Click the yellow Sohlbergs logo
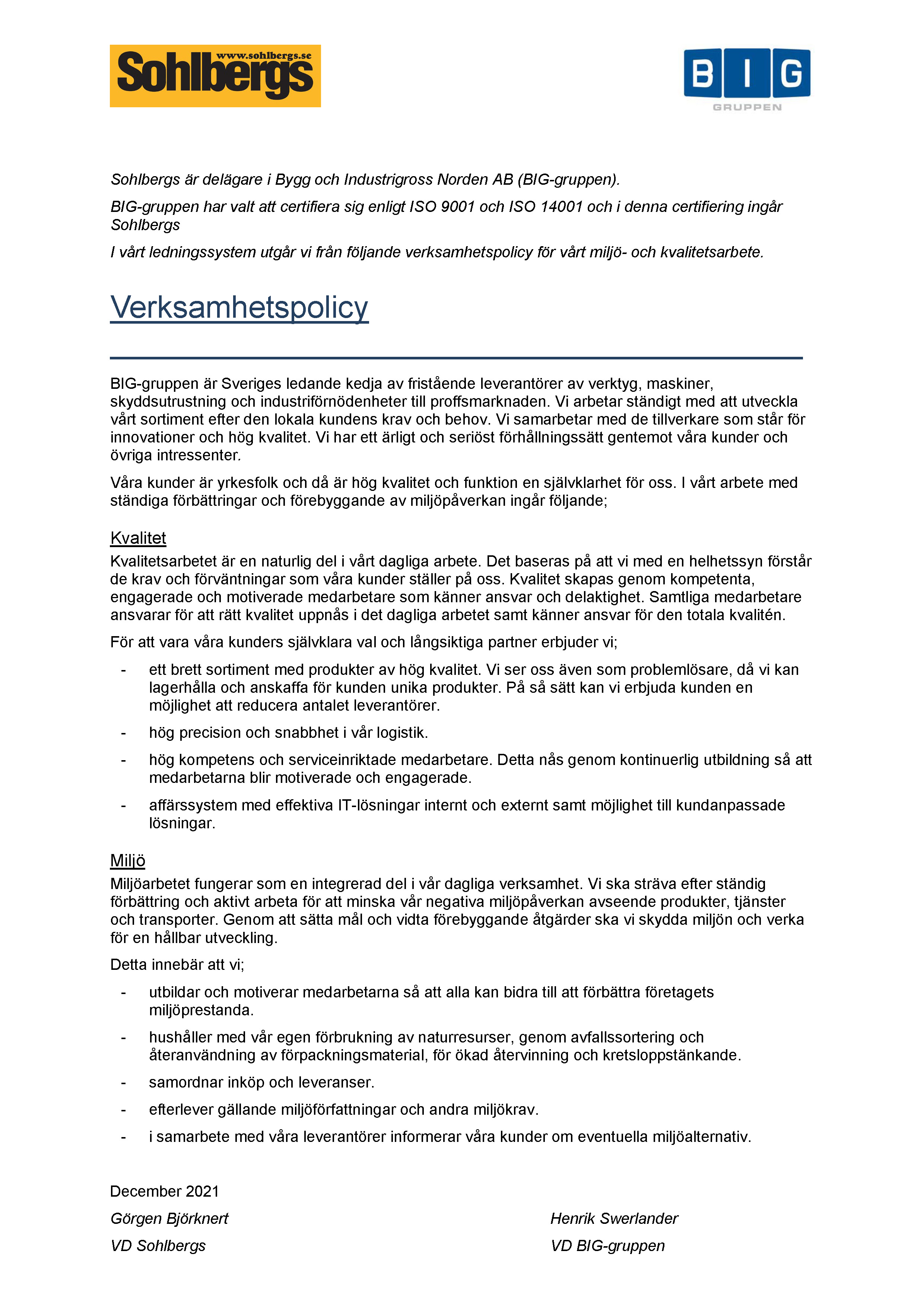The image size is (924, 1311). point(215,76)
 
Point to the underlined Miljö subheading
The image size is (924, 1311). point(128,860)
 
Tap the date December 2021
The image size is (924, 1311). point(165,1191)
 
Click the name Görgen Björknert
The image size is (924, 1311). point(169,1219)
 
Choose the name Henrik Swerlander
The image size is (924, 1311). point(614,1219)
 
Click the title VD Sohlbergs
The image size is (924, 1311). point(158,1245)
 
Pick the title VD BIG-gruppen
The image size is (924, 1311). point(608,1245)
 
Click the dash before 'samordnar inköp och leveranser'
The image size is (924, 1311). point(123,1083)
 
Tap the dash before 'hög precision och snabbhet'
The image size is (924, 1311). point(123,733)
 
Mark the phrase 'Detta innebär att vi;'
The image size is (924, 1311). point(177,964)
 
